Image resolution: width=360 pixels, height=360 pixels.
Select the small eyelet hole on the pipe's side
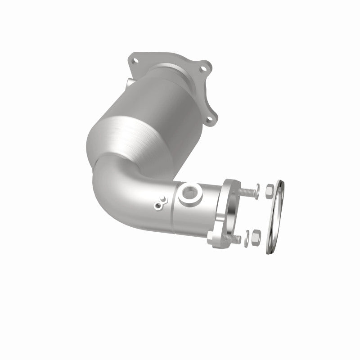click(x=158, y=206)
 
